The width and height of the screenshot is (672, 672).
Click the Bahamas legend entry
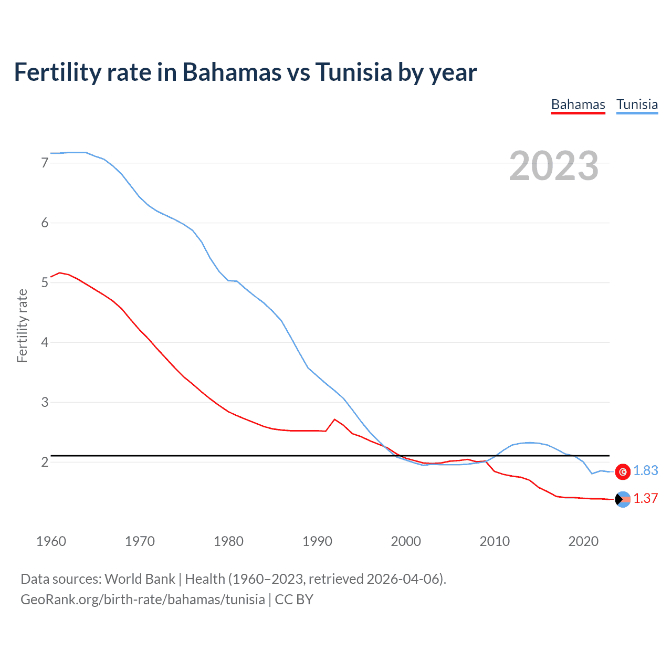click(578, 104)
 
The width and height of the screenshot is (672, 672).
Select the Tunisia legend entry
click(637, 104)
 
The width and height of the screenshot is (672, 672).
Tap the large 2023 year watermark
click(554, 166)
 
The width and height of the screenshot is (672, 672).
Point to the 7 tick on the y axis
click(45, 163)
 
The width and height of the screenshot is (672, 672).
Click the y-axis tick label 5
click(45, 283)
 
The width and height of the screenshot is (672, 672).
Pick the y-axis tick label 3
click(45, 403)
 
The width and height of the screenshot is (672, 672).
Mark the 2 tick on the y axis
click(45, 462)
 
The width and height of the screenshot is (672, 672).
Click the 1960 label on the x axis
click(51, 541)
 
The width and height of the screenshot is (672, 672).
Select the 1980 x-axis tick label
click(228, 541)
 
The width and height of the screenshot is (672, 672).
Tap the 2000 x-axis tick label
click(406, 541)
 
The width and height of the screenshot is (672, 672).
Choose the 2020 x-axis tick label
click(583, 541)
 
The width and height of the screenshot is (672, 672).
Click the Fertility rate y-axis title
click(22, 325)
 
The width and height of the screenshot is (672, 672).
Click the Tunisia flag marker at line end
click(623, 471)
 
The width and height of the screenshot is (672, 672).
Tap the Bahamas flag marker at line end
click(623, 499)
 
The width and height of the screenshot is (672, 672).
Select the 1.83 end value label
click(645, 471)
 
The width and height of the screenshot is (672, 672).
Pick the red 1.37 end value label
click(645, 499)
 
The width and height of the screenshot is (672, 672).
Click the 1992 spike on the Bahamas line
click(334, 419)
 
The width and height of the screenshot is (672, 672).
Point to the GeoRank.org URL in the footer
click(143, 600)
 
